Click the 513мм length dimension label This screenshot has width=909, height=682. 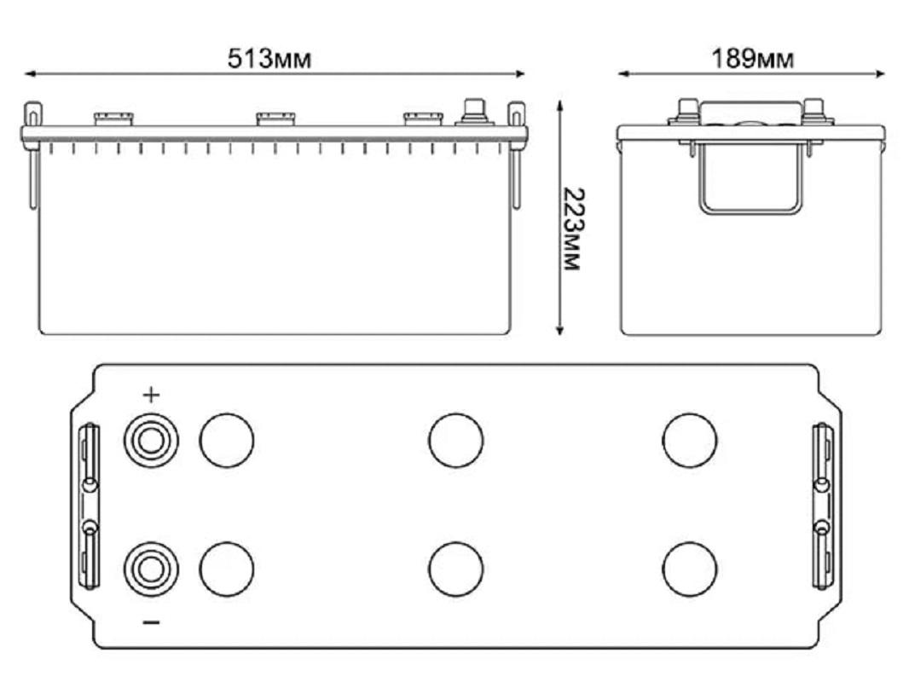tap(269, 59)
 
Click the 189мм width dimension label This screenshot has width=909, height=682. tap(752, 59)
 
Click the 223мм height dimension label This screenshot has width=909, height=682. tap(572, 228)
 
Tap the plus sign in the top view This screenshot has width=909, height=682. tap(151, 396)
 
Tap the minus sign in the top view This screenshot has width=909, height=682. tap(151, 622)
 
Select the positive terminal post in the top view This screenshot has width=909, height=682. tap(151, 441)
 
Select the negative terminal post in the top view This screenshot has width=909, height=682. tap(151, 569)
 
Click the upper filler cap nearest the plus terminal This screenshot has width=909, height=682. tap(227, 441)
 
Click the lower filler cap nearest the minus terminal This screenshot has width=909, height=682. tap(227, 569)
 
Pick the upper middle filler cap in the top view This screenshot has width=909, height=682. tap(455, 441)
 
